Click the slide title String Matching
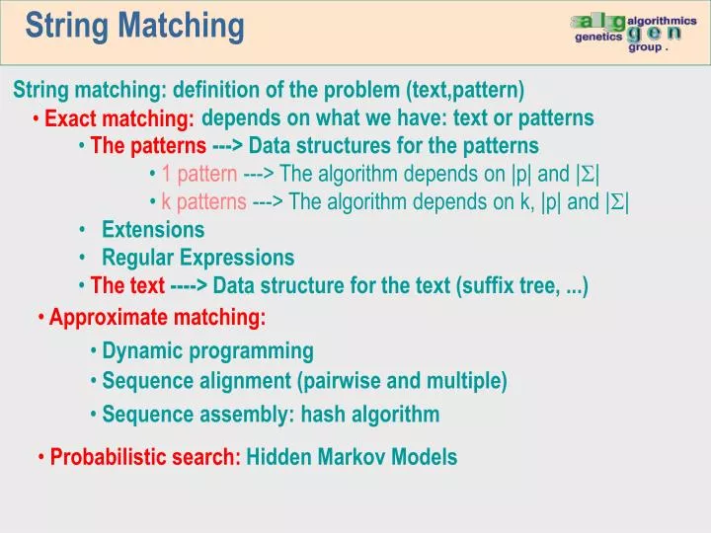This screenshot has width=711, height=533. click(x=134, y=26)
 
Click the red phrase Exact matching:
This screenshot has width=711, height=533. click(x=119, y=119)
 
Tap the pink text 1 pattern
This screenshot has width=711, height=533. click(x=199, y=175)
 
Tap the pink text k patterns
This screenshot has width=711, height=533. click(x=204, y=202)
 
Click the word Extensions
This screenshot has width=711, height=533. click(x=153, y=230)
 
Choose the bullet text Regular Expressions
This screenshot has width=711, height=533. click(x=198, y=258)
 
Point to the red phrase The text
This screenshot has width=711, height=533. click(x=127, y=286)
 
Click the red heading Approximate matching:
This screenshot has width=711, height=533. click(x=158, y=318)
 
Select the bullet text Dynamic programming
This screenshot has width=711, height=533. click(x=208, y=350)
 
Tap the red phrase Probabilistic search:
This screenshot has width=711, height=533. click(x=146, y=457)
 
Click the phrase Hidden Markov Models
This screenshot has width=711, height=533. click(x=352, y=457)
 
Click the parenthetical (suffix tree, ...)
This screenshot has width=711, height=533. click(x=522, y=286)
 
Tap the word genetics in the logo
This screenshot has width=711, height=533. click(x=598, y=37)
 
